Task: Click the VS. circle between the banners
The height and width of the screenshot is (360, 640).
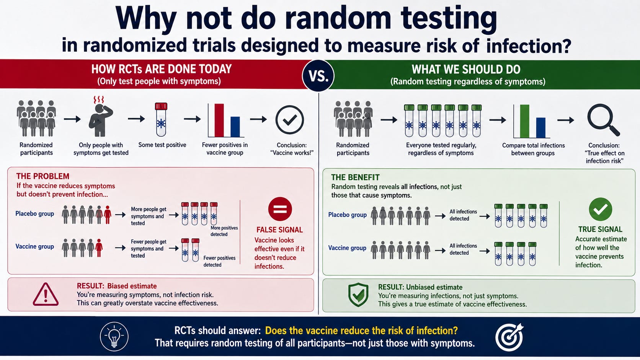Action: (318, 76)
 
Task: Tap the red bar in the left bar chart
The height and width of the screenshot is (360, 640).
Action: (219, 120)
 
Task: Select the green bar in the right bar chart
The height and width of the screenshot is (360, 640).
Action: (524, 121)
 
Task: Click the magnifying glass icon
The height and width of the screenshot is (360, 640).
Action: (603, 120)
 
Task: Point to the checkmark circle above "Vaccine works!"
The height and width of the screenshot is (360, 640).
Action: (290, 120)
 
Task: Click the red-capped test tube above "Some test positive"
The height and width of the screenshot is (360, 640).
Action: (161, 119)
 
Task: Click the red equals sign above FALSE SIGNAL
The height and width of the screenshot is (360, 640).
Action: (280, 209)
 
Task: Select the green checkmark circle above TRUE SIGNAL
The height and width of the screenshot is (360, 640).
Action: (601, 209)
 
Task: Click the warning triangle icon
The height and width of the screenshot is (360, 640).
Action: (46, 294)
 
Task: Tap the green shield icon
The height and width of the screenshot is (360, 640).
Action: (358, 295)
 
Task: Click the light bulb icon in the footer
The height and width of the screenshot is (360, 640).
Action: (114, 337)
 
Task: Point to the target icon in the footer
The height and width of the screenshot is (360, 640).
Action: (509, 337)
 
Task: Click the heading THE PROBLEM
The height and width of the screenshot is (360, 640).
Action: (42, 176)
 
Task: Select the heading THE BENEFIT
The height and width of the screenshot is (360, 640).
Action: (355, 177)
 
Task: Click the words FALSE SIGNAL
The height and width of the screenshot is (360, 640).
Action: (279, 230)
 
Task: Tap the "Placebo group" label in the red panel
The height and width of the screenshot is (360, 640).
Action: (34, 213)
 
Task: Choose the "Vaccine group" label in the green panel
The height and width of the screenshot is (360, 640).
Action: (347, 248)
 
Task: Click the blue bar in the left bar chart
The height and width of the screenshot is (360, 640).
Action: (235, 127)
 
